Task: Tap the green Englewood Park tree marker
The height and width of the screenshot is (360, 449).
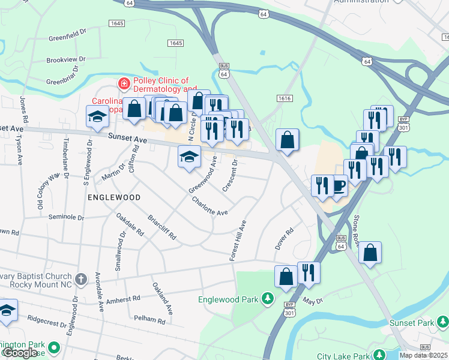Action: pyautogui.click(x=268, y=298)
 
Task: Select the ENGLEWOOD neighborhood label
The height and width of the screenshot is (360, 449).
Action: pyautogui.click(x=114, y=197)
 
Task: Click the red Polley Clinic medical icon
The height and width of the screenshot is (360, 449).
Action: pyautogui.click(x=124, y=84)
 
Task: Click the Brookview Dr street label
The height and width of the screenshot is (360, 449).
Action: pyautogui.click(x=67, y=60)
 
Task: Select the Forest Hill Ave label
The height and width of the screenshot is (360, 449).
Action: pyautogui.click(x=238, y=240)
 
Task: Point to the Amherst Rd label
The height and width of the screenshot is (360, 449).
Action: pyautogui.click(x=122, y=299)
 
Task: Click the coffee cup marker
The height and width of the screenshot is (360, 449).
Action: pyautogui.click(x=339, y=186)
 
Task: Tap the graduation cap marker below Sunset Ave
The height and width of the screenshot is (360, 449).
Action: pyautogui.click(x=189, y=157)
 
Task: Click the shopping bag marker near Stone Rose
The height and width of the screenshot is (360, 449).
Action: pyautogui.click(x=370, y=253)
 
